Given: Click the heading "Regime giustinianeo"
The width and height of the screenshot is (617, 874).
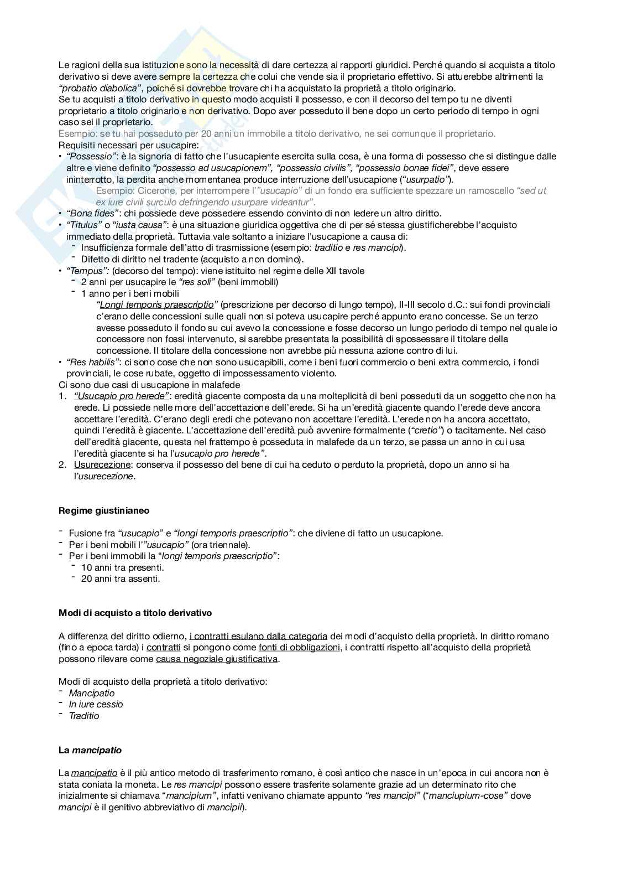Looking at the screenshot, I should pos(104,510).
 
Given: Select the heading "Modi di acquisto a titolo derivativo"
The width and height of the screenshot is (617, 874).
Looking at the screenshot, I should pos(135,613).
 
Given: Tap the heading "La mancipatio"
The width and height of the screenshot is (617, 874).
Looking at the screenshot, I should pos(90,750).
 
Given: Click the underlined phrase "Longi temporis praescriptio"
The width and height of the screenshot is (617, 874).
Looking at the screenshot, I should pos(155,305).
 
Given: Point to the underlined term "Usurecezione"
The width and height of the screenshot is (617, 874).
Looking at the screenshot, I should pos(102,464).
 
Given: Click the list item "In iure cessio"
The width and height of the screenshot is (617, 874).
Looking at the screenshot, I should pos(96,704).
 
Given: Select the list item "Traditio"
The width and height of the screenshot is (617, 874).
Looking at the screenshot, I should pos(84,716).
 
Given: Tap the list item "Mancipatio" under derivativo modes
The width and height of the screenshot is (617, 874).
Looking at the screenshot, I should pos(92,693).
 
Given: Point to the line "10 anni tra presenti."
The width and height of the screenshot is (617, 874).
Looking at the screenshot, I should pos(122,567).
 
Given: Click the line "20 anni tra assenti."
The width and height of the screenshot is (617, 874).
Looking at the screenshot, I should pos(121,578).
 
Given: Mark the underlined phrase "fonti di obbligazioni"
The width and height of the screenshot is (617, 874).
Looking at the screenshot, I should pos(299,647).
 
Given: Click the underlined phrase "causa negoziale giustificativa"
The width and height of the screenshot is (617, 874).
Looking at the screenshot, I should pos(217,659).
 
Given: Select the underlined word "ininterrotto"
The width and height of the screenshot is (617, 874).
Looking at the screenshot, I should pos(88,179).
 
